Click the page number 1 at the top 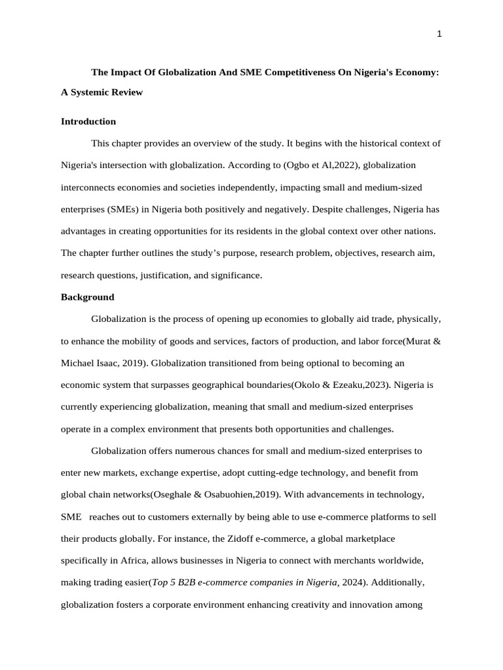point(439,35)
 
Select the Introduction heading point(88,121)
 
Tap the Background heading point(87,297)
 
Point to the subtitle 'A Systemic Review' point(102,92)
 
